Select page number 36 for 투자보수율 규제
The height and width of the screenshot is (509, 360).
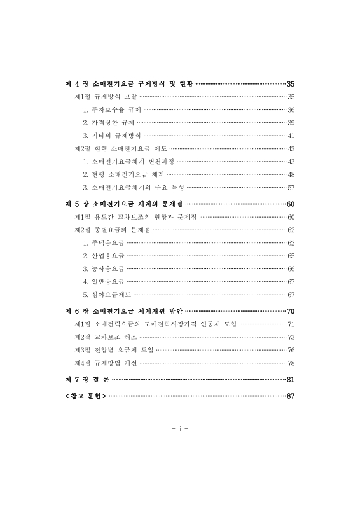[290, 109]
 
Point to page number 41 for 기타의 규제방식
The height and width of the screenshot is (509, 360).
[290, 136]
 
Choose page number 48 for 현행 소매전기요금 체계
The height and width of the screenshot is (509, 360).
[290, 174]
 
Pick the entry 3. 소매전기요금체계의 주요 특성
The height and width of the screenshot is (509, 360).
[133, 188]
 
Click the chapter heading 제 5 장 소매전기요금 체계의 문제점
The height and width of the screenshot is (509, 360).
[125, 204]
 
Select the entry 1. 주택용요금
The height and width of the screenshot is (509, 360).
[104, 242]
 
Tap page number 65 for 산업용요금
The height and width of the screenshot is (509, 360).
[290, 255]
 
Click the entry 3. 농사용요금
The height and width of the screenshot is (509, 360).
[104, 268]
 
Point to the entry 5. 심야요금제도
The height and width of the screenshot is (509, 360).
[107, 295]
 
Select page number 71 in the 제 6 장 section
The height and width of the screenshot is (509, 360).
[290, 324]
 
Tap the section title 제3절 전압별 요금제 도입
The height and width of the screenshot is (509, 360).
[114, 350]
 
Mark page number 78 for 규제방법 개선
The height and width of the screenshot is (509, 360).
[290, 363]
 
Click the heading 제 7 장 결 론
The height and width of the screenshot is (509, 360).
[87, 379]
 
